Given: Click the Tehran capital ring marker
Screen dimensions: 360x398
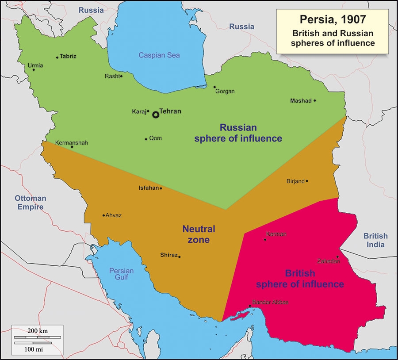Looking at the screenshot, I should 156,115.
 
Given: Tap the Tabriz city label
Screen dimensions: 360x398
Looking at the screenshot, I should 68,56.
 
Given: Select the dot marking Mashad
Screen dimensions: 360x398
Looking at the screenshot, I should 315,100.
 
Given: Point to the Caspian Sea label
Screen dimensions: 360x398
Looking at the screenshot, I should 159,55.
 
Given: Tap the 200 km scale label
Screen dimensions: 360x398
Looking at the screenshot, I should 38,331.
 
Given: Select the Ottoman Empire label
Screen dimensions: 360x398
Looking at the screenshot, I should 30,203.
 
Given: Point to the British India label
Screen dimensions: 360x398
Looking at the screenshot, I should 375,240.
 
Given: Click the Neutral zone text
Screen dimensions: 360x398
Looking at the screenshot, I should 199,234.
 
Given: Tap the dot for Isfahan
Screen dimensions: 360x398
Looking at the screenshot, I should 161,188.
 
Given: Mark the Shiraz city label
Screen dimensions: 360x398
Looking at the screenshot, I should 168,255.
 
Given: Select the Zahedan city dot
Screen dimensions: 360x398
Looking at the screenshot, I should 337,257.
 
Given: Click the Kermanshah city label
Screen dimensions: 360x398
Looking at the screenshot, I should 72,142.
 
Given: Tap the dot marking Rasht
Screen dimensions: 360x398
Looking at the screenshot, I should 121,76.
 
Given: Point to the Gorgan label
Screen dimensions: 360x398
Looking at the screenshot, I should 225,92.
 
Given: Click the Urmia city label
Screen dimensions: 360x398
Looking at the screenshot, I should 35,65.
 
